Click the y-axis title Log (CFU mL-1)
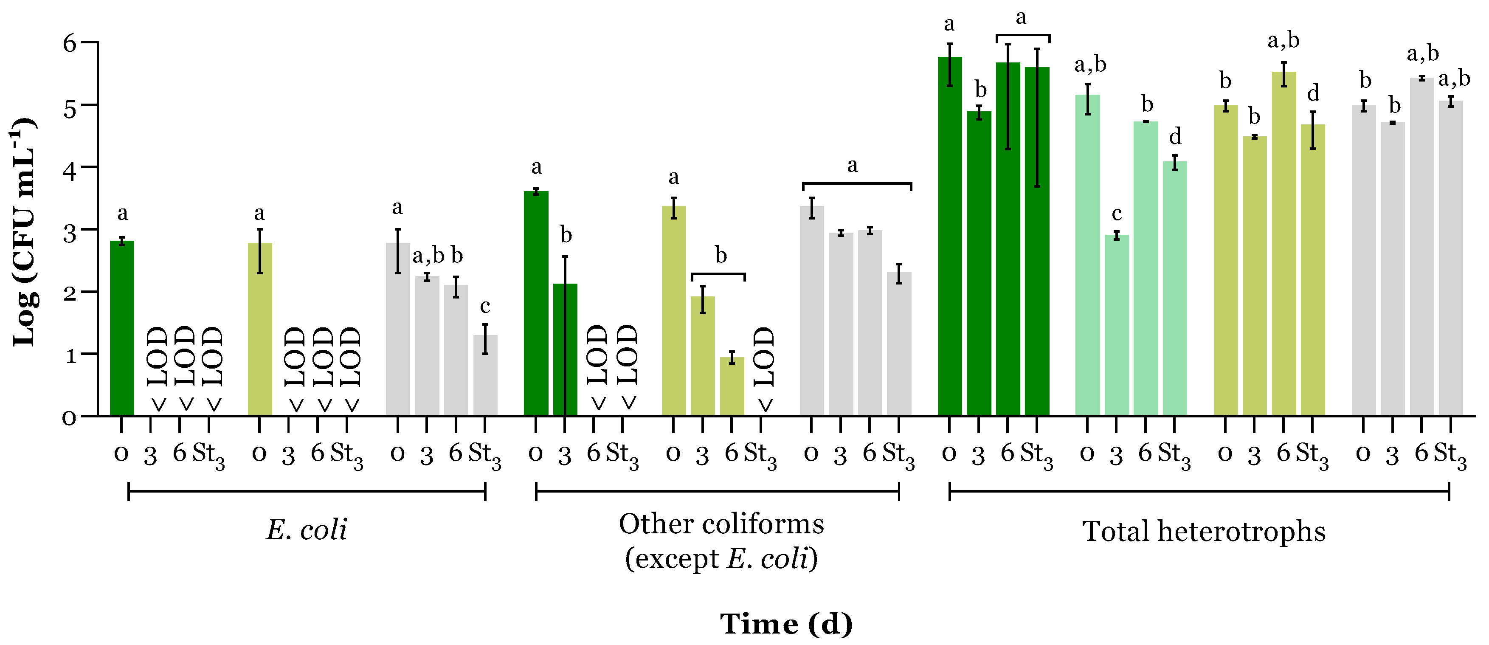pyautogui.click(x=24, y=231)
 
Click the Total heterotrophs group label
pyautogui.click(x=1203, y=531)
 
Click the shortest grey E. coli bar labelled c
pyautogui.click(x=485, y=376)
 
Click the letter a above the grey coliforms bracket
pyautogui.click(x=853, y=166)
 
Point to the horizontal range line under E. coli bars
pyautogui.click(x=307, y=492)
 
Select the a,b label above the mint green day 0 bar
pyautogui.click(x=1090, y=65)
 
